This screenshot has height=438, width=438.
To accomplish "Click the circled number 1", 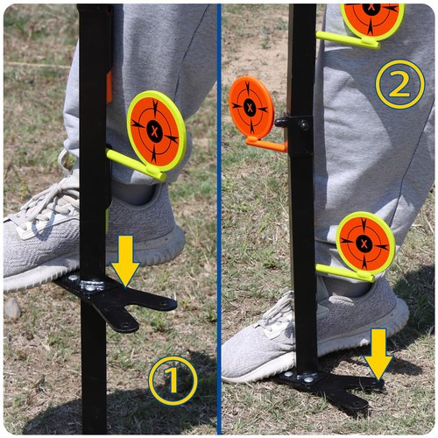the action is tap(173, 380).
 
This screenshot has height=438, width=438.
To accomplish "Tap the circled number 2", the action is tap(400, 84).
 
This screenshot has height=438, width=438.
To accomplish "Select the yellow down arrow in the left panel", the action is tap(125, 261).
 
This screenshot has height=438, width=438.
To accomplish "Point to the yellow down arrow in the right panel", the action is tap(378, 354).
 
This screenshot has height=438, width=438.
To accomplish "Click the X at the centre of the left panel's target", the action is tap(154, 131).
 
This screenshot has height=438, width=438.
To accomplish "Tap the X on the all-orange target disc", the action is tap(250, 108).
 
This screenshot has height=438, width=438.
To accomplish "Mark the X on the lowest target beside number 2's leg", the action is tap(364, 243).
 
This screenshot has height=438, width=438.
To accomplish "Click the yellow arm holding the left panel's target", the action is tap(136, 165).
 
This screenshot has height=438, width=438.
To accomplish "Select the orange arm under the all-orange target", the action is tap(266, 145).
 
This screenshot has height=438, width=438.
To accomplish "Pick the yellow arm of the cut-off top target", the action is tap(348, 40).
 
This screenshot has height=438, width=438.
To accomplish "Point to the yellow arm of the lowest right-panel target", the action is tap(345, 272).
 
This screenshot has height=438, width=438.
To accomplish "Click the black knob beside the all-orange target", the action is tap(281, 122).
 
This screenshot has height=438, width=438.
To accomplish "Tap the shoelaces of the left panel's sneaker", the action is tap(51, 204).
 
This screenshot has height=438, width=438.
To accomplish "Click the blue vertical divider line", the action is tap(219, 219).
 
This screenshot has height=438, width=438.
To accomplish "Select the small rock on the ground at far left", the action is tap(11, 308).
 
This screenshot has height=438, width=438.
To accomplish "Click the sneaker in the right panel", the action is tap(315, 333).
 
